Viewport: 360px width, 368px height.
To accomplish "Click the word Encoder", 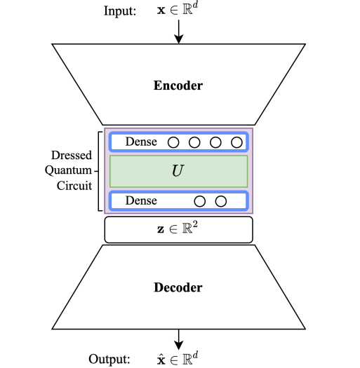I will (x=178, y=86).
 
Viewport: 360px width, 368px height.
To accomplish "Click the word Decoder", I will (x=178, y=287).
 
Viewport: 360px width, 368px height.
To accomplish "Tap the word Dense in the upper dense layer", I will (x=141, y=142).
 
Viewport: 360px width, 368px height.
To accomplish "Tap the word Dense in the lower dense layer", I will (x=141, y=201).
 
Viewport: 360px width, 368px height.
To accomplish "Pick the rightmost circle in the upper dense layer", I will (x=236, y=142).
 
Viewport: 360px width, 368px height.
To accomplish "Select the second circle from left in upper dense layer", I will (x=195, y=142).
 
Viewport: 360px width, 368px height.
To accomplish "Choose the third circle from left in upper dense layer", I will (x=216, y=142).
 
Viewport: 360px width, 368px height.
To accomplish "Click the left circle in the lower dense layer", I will (x=200, y=201).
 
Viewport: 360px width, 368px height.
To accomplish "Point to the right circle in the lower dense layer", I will (x=221, y=201).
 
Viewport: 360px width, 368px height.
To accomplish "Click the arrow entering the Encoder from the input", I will (x=178, y=32).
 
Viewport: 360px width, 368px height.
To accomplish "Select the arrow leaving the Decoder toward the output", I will (x=178, y=339).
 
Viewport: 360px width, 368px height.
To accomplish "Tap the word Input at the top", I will (x=120, y=11).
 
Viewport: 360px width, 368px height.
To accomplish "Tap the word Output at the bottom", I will (x=109, y=359).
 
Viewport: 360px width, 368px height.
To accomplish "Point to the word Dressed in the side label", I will (x=72, y=155).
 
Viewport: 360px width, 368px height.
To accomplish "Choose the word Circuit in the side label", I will (x=74, y=186).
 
